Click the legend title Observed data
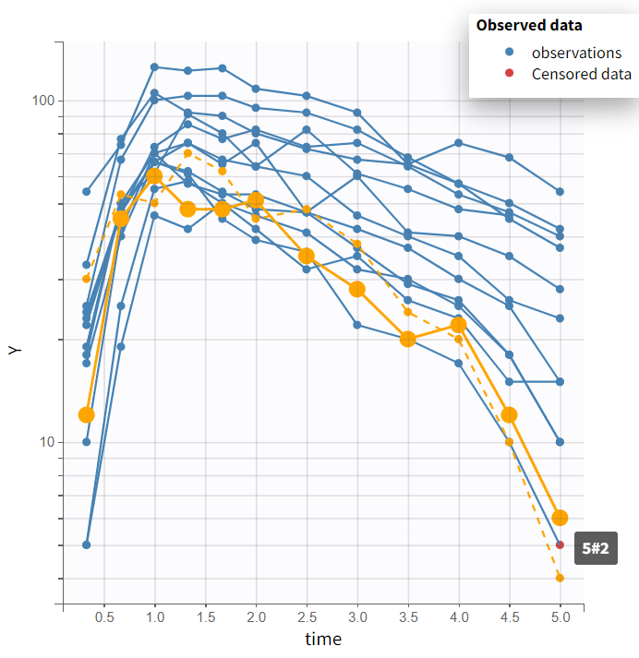click(529, 26)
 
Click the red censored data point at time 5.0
click(560, 544)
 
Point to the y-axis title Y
click(14, 351)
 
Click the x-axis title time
click(323, 639)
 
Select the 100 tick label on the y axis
click(45, 101)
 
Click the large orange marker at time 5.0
click(560, 518)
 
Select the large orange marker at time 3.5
click(408, 340)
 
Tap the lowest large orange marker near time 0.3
click(87, 415)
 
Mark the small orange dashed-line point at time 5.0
click(560, 578)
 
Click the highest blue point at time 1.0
click(154, 67)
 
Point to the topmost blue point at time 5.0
click(560, 192)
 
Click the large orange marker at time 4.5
click(509, 415)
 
